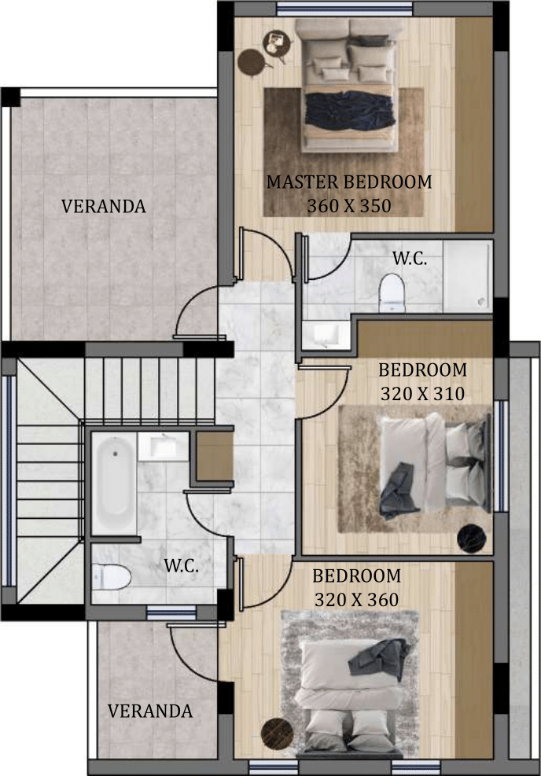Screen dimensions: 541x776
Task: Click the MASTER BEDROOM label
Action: (349, 182)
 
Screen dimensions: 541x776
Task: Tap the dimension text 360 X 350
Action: (349, 206)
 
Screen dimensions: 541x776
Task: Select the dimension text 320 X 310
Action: (422, 394)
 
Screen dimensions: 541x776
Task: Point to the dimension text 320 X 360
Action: (356, 600)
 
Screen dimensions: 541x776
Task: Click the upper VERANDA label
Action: (104, 206)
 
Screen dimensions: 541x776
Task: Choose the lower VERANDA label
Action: (150, 712)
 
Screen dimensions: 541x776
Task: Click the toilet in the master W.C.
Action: (392, 293)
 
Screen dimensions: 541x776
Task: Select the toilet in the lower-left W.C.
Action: (112, 577)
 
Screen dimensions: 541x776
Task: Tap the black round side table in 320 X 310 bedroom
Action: (472, 538)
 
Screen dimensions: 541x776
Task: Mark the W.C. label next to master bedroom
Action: (410, 258)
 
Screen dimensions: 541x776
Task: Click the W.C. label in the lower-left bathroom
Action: (181, 565)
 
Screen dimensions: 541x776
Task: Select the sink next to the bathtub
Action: (162, 447)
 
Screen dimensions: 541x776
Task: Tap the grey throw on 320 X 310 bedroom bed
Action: (397, 491)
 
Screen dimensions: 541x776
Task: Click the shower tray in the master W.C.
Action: (467, 277)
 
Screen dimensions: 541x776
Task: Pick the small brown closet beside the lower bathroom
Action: (215, 456)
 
